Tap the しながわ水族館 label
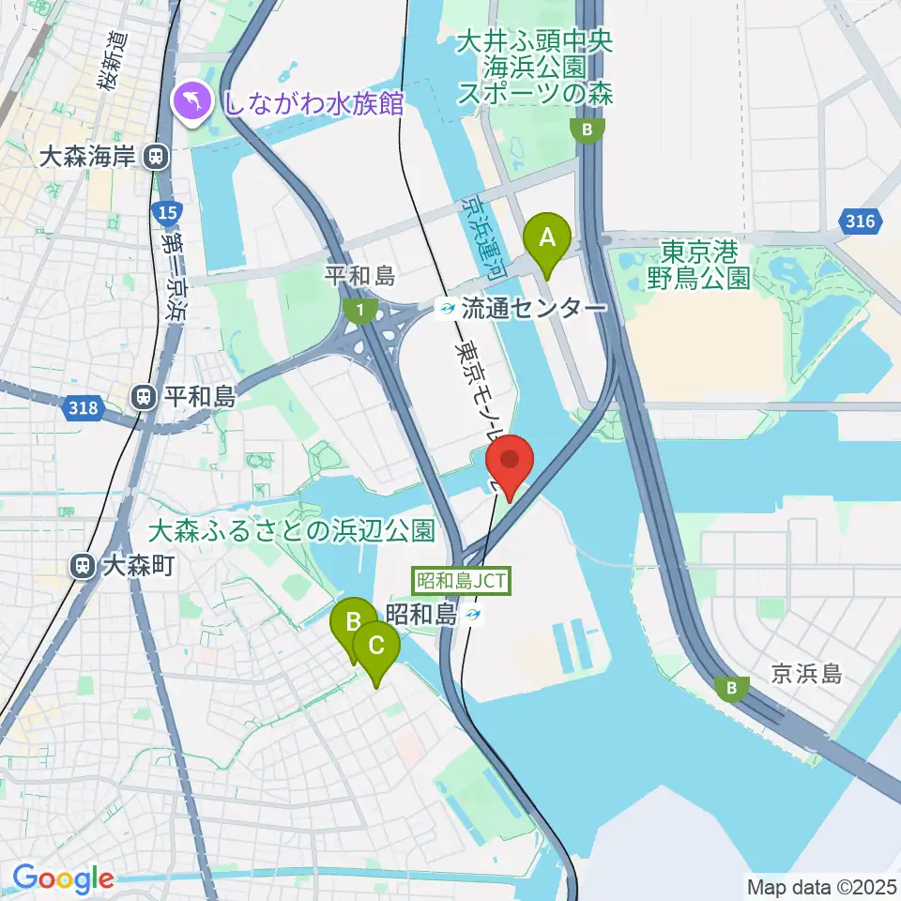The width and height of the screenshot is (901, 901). coord(313,101)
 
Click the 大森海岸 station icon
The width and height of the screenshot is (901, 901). coord(157,158)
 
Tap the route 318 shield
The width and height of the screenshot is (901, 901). coord(83,407)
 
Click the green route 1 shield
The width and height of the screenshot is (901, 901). coord(358,309)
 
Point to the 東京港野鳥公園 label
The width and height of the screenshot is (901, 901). coord(699,265)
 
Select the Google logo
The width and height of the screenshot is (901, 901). coord(62,879)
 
